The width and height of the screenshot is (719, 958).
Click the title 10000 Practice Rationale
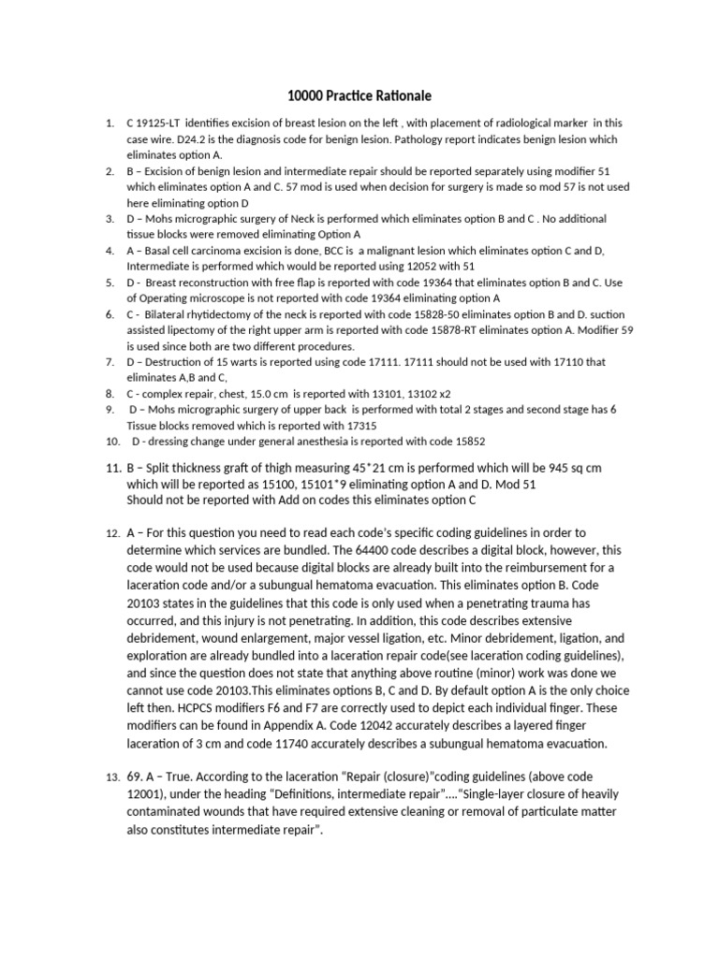(359, 95)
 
